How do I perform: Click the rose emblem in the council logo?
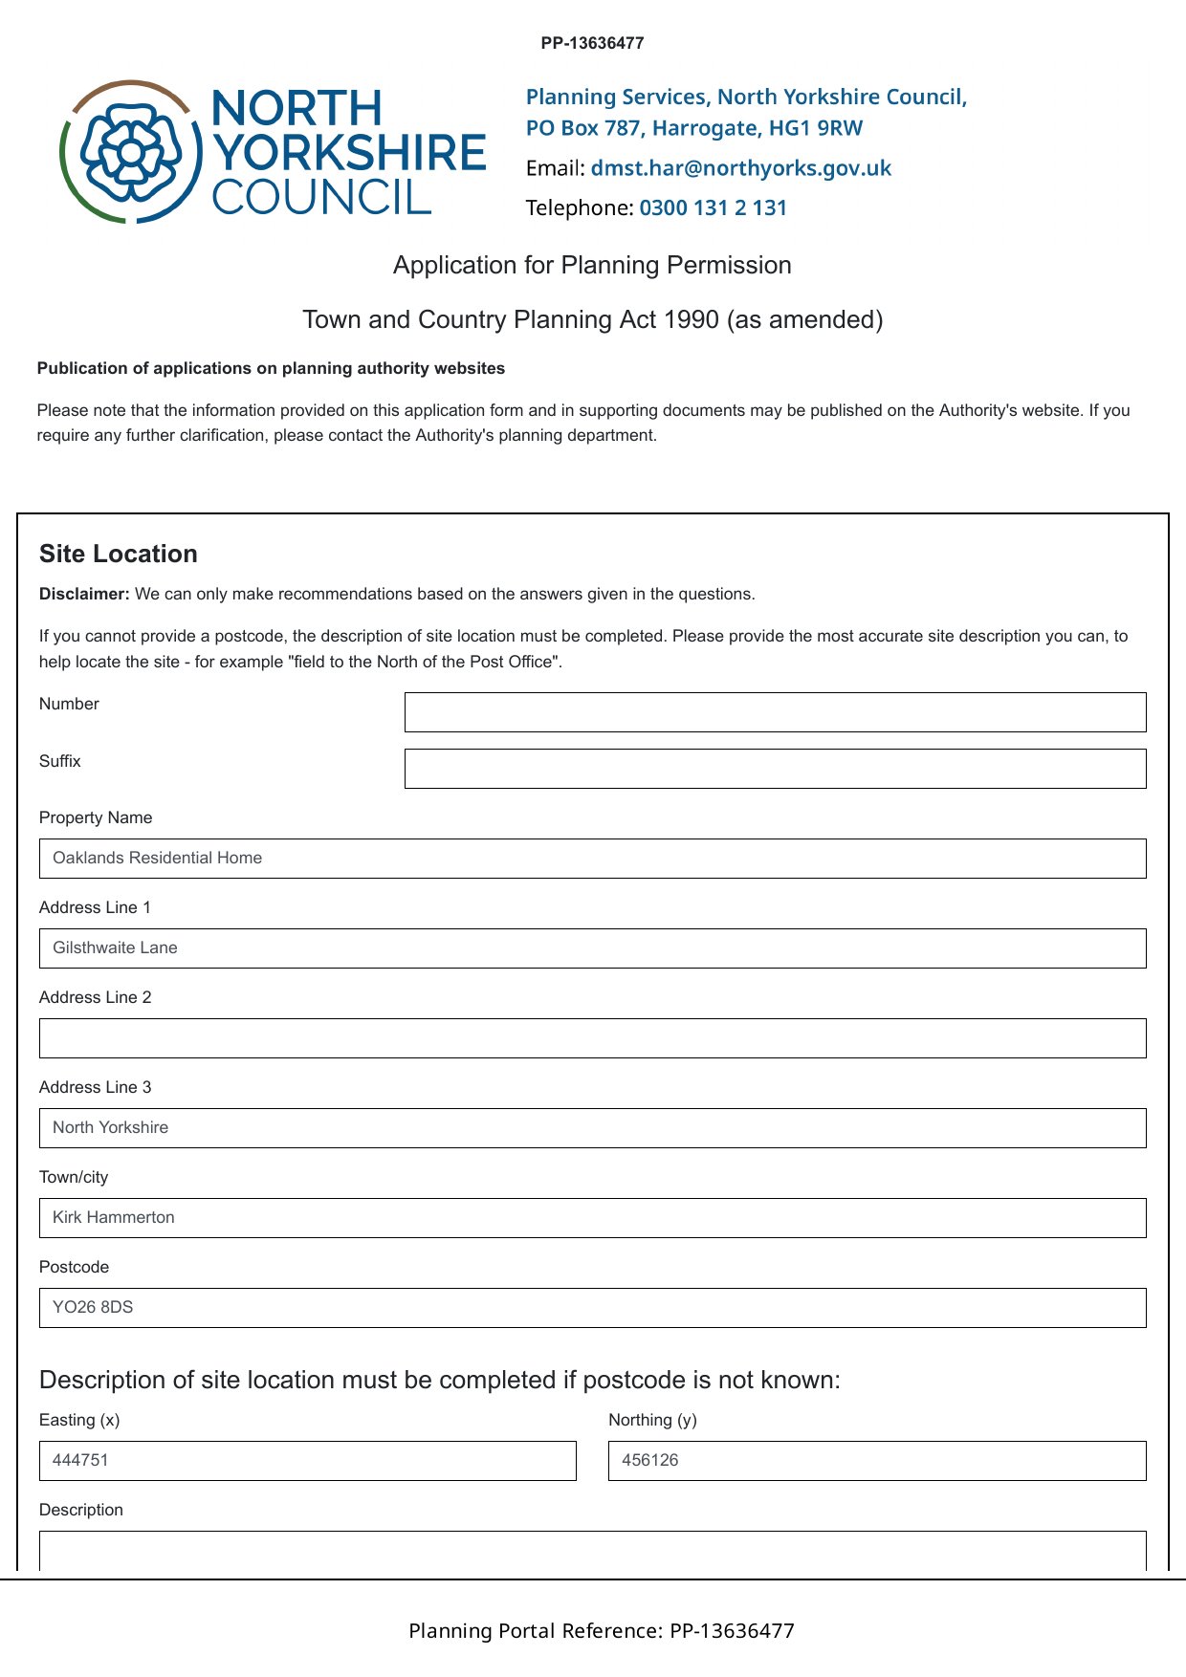click(x=131, y=152)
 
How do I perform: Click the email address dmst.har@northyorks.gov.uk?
click(x=740, y=168)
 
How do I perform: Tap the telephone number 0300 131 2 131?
click(x=713, y=207)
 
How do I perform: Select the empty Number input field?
click(x=775, y=712)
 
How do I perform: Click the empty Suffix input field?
click(x=775, y=769)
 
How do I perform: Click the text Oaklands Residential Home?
click(x=157, y=858)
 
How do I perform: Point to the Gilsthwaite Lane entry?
click(x=115, y=947)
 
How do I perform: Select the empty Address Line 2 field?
click(x=592, y=1038)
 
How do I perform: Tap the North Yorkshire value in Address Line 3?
click(x=110, y=1127)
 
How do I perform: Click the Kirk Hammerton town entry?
click(x=113, y=1217)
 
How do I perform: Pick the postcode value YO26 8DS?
click(x=93, y=1307)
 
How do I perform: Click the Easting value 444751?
click(x=80, y=1460)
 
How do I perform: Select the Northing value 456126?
click(x=649, y=1460)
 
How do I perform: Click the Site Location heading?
click(x=119, y=554)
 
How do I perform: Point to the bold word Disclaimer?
click(x=84, y=594)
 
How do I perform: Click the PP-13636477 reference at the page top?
click(x=592, y=43)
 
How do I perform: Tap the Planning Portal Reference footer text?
click(x=601, y=1630)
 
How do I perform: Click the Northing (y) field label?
click(x=652, y=1420)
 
